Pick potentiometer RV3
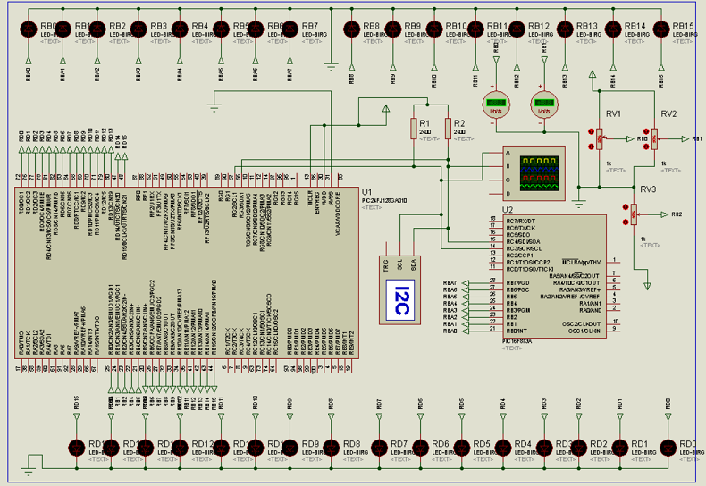(634, 214)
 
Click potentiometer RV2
(654, 138)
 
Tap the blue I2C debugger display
(401, 299)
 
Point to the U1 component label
(366, 191)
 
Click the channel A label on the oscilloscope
(508, 153)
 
